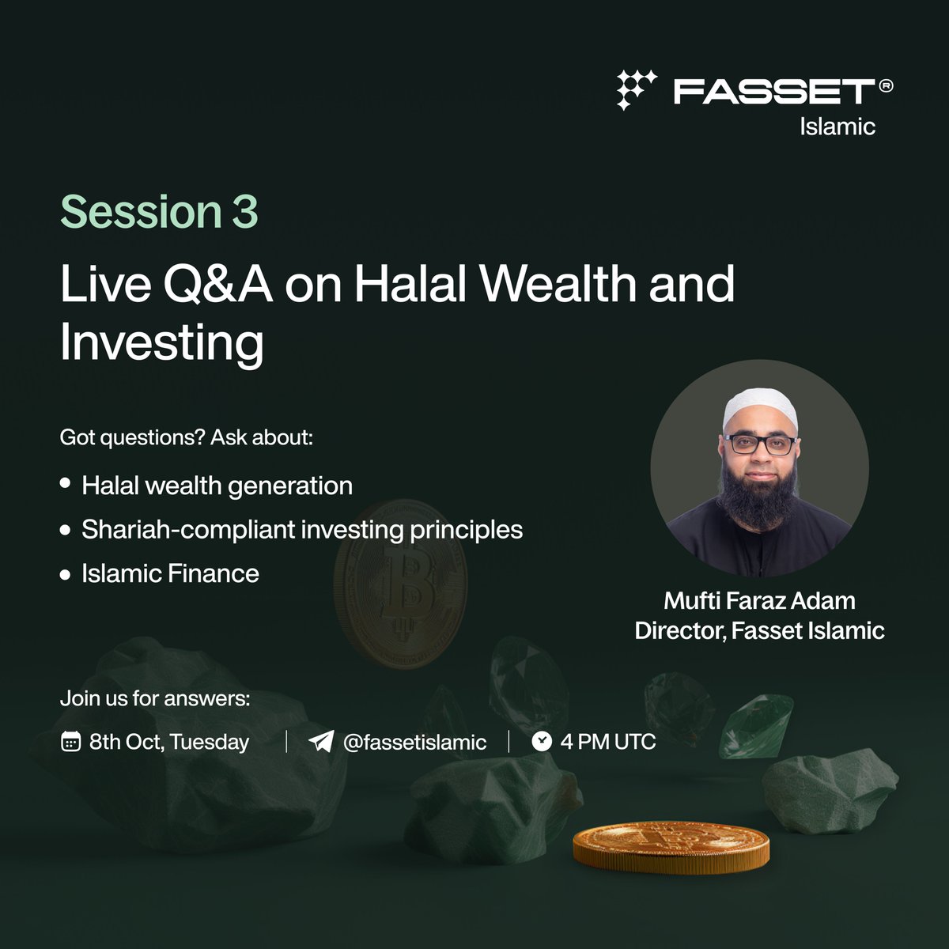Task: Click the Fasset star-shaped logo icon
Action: coord(637,89)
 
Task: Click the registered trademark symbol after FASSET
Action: coord(885,87)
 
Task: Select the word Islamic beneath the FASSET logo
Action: coord(837,127)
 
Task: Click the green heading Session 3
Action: coord(159,212)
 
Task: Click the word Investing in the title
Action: coord(161,343)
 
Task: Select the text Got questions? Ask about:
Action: coord(187,437)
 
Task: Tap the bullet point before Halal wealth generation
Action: coord(65,483)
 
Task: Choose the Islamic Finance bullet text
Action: coord(170,573)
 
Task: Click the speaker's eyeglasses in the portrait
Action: coord(759,444)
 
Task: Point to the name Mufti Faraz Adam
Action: coord(759,601)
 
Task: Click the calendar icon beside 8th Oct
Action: coord(70,742)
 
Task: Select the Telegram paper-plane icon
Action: coord(320,742)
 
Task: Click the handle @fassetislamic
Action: coord(414,742)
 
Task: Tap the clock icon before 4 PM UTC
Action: coord(542,741)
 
